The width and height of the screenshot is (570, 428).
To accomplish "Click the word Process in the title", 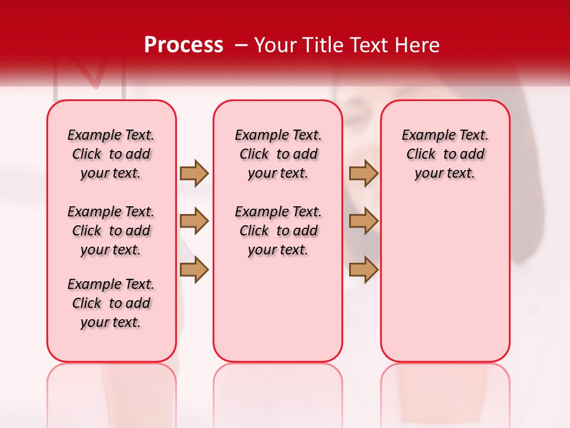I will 183,45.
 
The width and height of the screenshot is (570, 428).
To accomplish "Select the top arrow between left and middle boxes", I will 194,173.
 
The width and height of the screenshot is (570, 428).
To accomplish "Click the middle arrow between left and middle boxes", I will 194,221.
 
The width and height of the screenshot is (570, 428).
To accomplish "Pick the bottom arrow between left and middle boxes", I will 194,270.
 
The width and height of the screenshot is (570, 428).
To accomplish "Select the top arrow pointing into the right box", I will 363,173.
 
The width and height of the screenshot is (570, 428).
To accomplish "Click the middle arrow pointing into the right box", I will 363,221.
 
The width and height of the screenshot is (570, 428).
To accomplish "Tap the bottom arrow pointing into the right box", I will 363,270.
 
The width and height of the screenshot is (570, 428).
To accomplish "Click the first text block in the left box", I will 111,154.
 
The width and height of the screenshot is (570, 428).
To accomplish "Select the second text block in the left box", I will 111,231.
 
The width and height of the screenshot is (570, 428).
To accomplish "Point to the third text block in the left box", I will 111,303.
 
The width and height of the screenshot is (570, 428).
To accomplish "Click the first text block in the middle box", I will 278,154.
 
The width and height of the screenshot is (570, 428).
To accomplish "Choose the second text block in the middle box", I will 278,231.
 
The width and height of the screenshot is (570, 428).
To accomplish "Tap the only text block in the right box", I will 445,154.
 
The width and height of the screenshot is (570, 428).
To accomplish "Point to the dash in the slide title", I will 241,45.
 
